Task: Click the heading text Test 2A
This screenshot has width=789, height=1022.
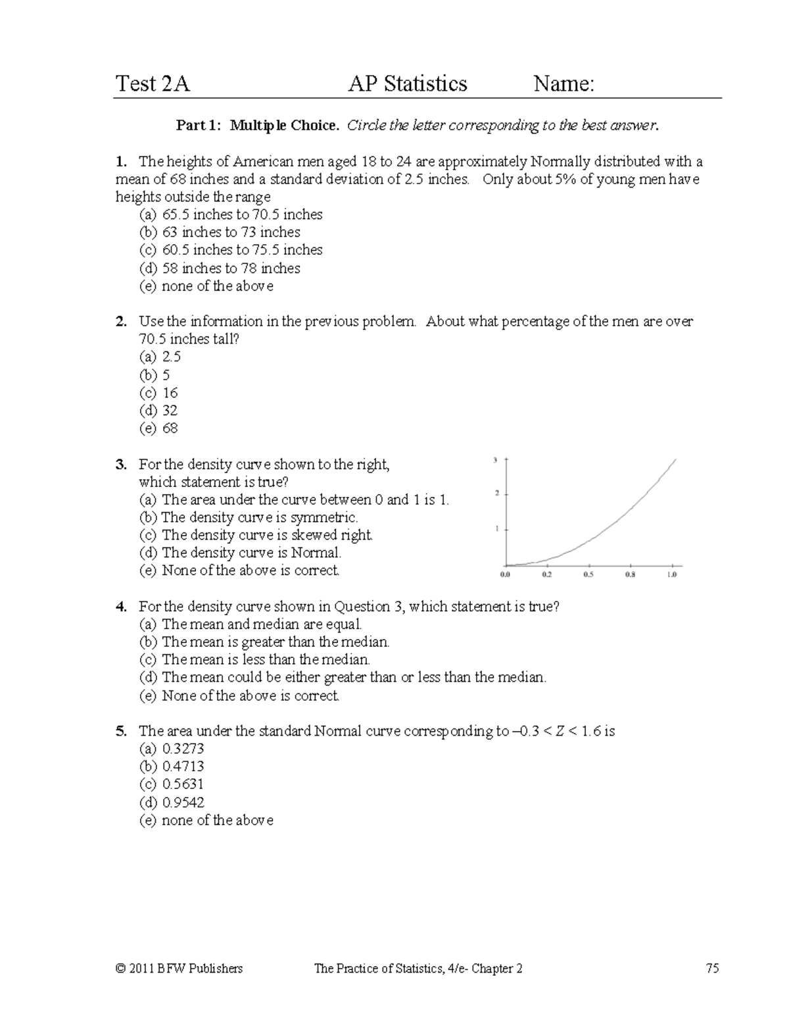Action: click(x=153, y=84)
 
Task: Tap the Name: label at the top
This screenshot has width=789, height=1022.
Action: click(x=563, y=84)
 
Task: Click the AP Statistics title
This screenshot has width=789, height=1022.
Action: click(x=408, y=84)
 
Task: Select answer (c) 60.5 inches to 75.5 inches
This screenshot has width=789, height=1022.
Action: click(x=231, y=250)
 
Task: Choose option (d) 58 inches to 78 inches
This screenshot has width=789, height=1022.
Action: click(x=220, y=268)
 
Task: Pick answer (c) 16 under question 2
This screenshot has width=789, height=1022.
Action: click(x=158, y=393)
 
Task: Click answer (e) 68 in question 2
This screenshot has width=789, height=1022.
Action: click(x=158, y=428)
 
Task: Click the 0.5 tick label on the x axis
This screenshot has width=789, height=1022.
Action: click(x=588, y=575)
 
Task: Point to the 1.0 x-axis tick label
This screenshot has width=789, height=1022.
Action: click(x=671, y=575)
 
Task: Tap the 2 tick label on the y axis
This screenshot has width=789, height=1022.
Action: click(x=496, y=493)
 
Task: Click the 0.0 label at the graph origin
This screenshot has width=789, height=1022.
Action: click(x=505, y=575)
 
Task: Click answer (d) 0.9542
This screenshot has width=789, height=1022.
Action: click(x=172, y=802)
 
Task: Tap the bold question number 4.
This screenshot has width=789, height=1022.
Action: click(x=120, y=607)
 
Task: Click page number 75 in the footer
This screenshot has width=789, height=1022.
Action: click(x=712, y=968)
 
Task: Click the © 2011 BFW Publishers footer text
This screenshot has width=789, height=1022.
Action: click(x=179, y=968)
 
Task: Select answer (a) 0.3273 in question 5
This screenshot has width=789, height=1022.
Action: click(x=172, y=749)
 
